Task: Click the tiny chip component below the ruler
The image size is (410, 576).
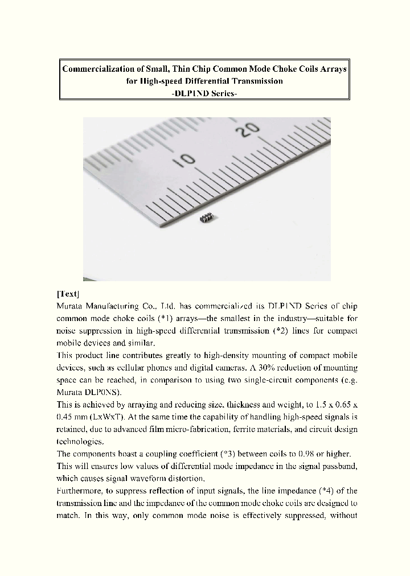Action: [208, 217]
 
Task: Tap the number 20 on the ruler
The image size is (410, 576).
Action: [249, 131]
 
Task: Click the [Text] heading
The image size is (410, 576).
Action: [68, 294]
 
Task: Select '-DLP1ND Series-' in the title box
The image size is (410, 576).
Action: [204, 93]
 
